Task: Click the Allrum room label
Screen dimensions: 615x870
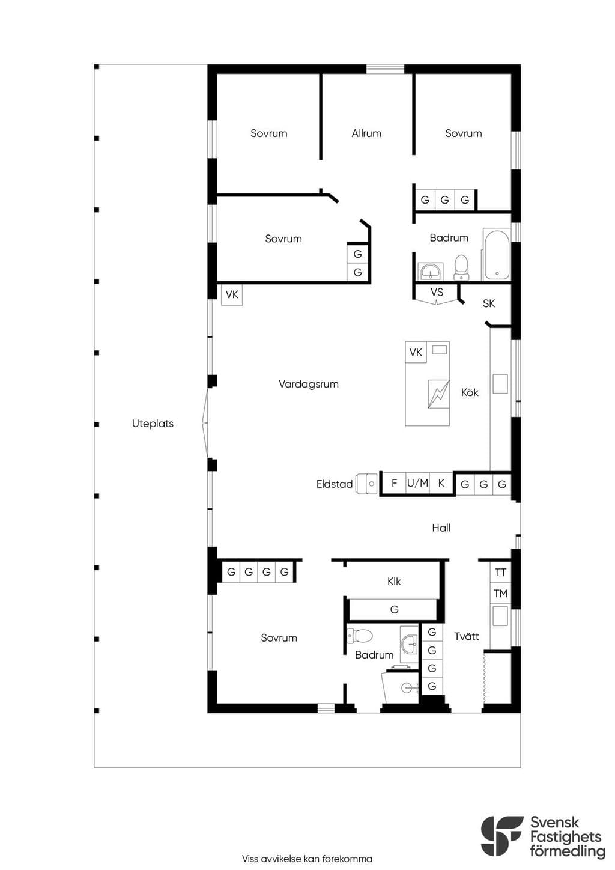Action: click(366, 133)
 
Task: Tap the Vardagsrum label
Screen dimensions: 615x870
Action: click(309, 384)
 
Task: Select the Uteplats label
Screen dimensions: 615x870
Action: click(153, 424)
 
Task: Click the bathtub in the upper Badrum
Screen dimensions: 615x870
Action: click(497, 254)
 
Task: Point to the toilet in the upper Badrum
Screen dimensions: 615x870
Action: click(462, 267)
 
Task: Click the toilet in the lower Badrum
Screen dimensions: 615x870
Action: click(360, 636)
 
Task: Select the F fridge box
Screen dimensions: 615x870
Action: click(395, 483)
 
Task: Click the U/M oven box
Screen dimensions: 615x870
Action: click(418, 483)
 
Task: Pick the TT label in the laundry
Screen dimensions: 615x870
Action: click(500, 573)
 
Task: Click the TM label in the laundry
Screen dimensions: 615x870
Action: click(501, 594)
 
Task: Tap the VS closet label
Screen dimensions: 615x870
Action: click(437, 292)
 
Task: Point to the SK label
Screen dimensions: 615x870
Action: click(489, 303)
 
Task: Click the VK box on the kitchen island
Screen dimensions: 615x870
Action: click(416, 352)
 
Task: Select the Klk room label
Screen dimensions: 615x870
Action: click(394, 582)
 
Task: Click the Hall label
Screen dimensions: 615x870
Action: click(441, 528)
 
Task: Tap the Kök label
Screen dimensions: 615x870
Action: click(470, 392)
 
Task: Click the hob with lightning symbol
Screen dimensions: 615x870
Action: click(438, 394)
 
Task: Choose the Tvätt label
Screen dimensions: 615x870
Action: click(467, 636)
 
